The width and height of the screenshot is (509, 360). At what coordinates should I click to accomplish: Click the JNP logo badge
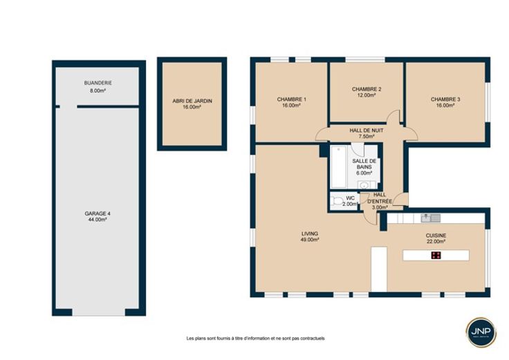click(x=481, y=332)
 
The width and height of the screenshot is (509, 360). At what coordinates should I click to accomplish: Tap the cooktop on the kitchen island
click(x=436, y=255)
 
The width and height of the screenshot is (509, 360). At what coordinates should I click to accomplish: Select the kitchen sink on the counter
click(x=430, y=218)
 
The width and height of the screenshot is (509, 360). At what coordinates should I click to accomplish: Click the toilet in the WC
click(x=337, y=201)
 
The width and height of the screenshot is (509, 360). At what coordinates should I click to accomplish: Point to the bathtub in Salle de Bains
click(x=339, y=167)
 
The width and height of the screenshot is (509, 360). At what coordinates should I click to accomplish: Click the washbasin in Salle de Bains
click(x=364, y=185)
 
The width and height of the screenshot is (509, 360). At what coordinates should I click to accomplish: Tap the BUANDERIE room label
click(x=98, y=83)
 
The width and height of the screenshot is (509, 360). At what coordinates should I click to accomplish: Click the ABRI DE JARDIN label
click(x=192, y=101)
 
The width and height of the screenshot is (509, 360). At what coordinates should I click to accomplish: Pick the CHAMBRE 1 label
click(x=292, y=100)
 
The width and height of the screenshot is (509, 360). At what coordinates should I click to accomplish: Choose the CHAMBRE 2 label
click(x=367, y=89)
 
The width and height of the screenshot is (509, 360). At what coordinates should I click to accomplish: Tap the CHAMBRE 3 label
click(x=445, y=100)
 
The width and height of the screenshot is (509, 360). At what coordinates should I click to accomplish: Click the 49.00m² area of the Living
click(x=310, y=240)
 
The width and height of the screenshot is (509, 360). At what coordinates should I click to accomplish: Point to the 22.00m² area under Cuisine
click(x=436, y=242)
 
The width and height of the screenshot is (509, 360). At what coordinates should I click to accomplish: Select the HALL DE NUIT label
click(x=366, y=131)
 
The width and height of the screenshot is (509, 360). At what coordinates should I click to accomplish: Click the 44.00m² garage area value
click(x=98, y=220)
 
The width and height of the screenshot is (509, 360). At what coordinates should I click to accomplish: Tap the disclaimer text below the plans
click(x=255, y=339)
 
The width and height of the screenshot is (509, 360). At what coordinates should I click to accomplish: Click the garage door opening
click(x=99, y=312)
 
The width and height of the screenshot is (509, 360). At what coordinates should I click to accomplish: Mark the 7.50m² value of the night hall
click(x=366, y=137)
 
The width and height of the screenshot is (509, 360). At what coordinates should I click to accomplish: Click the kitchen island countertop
click(x=436, y=255)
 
